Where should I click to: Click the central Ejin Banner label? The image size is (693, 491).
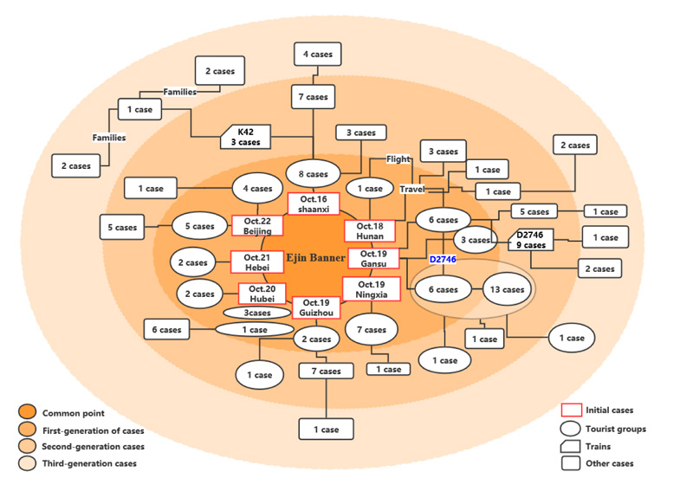pos(316,257)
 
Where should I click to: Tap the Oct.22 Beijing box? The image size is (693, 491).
pos(257,225)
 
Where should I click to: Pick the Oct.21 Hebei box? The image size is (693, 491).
pos(257,262)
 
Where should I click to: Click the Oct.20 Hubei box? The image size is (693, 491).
pos(262,293)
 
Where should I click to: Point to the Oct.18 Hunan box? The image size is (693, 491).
pos(370,230)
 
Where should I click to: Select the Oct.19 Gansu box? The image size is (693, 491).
pos(373,258)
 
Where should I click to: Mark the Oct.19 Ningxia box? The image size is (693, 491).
pos(371,290)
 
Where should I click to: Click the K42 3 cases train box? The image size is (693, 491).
pos(246,136)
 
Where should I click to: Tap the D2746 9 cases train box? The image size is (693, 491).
pos(531,240)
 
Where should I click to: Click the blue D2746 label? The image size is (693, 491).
pos(443,259)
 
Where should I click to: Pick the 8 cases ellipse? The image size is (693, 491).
pos(313,173)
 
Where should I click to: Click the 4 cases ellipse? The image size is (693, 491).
pos(256,188)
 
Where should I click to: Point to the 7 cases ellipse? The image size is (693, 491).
pos(372,330)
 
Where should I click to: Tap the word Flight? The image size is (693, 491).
pos(398,158)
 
